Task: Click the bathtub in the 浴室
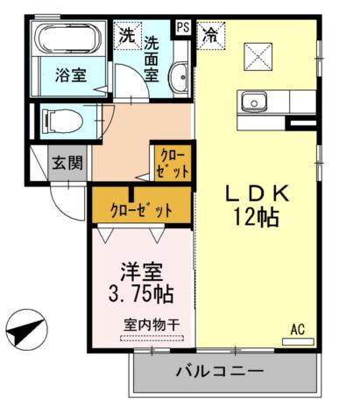[67, 38]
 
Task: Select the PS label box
[183, 28]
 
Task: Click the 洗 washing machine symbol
[128, 35]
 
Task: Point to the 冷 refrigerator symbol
[211, 35]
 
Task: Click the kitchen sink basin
[254, 102]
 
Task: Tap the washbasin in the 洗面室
[179, 77]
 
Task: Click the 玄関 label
[67, 163]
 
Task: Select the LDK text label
[258, 193]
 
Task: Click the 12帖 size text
[256, 218]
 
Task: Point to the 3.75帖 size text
[141, 294]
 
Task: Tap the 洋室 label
[142, 272]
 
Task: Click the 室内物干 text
[152, 325]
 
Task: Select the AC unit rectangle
[298, 341]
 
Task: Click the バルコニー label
[220, 371]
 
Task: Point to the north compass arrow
[25, 330]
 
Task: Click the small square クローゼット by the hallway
[173, 163]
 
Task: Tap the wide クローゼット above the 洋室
[142, 205]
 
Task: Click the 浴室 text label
[71, 75]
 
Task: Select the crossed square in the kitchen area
[258, 57]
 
